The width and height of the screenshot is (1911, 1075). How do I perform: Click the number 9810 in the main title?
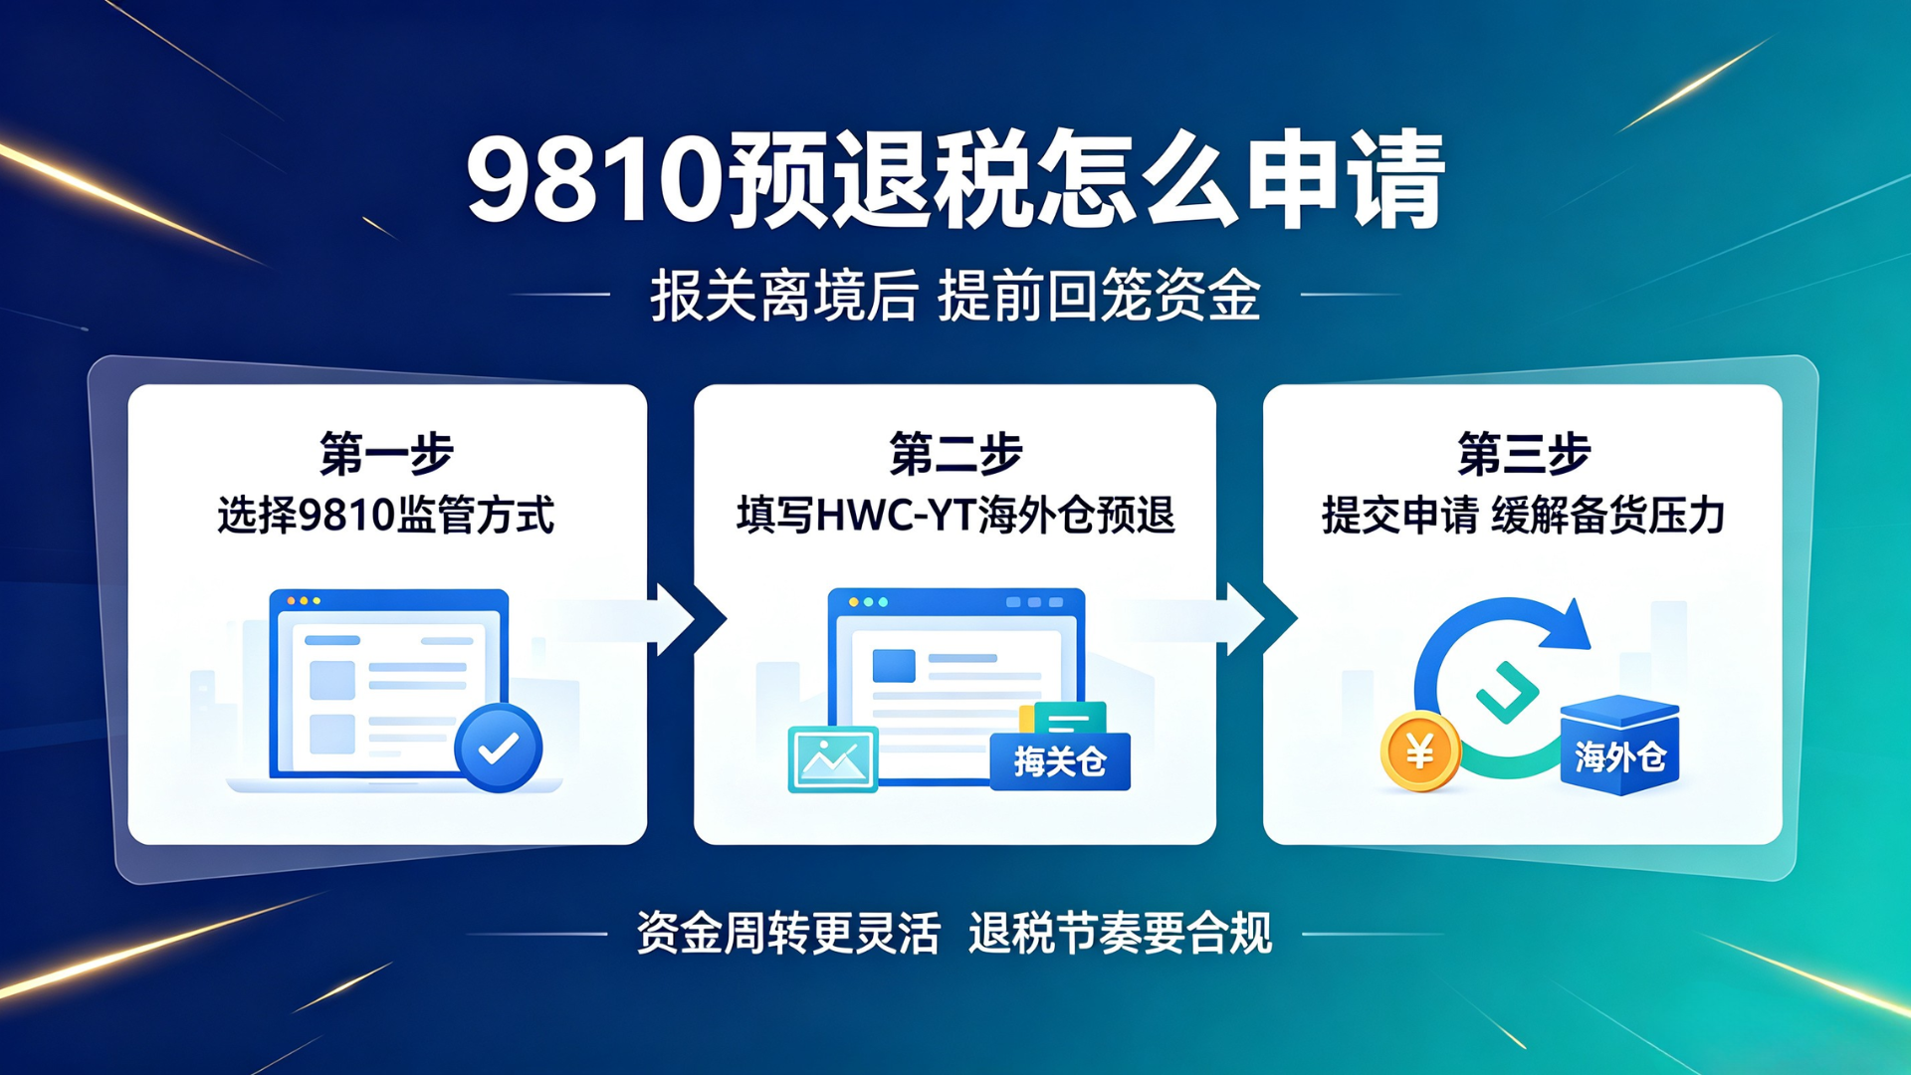[596, 181]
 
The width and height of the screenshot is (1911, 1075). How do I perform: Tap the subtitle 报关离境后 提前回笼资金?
[955, 296]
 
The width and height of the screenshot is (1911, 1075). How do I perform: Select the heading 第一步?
[386, 454]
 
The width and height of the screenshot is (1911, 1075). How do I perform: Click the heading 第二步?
[955, 454]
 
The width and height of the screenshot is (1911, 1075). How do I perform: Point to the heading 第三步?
[1524, 454]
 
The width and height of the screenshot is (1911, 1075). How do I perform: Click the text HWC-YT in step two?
[896, 516]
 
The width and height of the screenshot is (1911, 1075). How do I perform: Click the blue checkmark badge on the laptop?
[499, 748]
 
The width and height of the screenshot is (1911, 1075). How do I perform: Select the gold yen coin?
[1420, 752]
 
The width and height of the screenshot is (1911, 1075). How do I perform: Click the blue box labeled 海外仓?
[1619, 746]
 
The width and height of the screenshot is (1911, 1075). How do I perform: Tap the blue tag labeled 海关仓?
[1060, 761]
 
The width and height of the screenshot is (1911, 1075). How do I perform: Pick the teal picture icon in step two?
[833, 759]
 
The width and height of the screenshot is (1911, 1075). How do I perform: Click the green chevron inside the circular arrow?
[1507, 692]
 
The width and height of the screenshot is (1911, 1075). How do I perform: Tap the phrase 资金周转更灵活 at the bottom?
[788, 934]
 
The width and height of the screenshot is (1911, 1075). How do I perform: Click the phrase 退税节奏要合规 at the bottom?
[1120, 934]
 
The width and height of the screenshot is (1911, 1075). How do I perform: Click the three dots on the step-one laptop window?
[304, 601]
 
